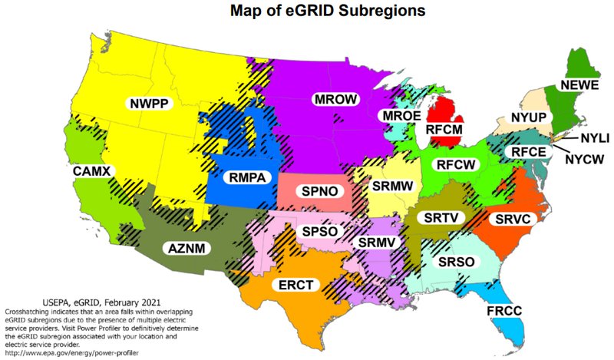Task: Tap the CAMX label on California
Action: click(x=93, y=170)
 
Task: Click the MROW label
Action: click(x=335, y=99)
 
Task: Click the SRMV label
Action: click(x=377, y=243)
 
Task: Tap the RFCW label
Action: click(x=454, y=164)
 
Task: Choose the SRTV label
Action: click(x=441, y=217)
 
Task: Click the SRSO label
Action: click(x=456, y=262)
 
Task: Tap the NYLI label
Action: click(x=594, y=139)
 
